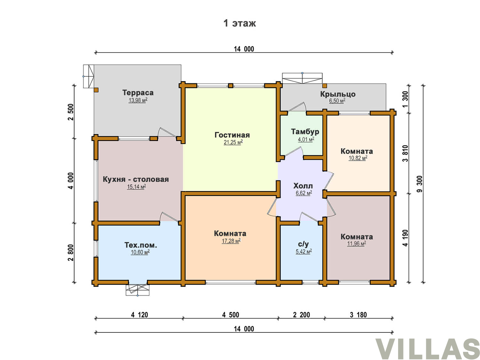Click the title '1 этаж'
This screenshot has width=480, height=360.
coord(239,23)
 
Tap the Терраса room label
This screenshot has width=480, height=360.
coord(138,92)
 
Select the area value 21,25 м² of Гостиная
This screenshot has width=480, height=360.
coord(233,142)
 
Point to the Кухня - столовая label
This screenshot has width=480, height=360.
coord(136,179)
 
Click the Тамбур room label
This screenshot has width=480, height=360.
coord(305,132)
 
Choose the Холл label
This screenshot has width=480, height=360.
coord(303,186)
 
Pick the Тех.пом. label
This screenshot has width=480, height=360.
coord(140,245)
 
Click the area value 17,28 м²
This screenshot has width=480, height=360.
coord(231,241)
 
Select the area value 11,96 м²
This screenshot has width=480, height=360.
coord(357,244)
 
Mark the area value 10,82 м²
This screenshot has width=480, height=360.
coord(358,158)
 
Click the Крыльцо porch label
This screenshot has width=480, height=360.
coord(338,94)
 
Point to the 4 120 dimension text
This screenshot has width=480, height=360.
coord(140,315)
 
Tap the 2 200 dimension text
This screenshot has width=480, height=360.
coord(301,315)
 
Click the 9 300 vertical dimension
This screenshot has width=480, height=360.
coord(420,184)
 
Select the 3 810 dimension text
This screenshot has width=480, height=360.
coord(405,154)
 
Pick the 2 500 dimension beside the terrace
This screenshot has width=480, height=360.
coord(71,112)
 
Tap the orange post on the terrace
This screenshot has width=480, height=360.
coord(96,90)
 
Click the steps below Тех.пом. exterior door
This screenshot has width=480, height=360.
coord(137,290)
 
